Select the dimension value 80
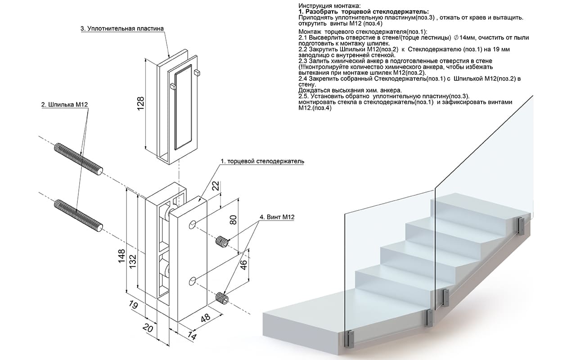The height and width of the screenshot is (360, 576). point(233,220)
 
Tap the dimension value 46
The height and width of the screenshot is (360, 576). point(243,264)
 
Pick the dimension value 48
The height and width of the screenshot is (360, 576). point(205,318)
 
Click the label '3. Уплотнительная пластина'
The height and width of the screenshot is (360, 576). point(122,28)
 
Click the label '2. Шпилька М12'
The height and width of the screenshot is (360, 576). point(64,104)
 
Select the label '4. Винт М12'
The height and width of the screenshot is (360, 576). point(277,217)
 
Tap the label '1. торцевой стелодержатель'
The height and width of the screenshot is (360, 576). point(262,161)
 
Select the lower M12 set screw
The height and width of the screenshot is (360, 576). point(222,298)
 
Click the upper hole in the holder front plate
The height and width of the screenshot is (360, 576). point(193,224)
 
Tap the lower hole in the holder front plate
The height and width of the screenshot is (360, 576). point(193,281)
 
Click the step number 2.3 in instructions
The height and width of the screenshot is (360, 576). point(303,61)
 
